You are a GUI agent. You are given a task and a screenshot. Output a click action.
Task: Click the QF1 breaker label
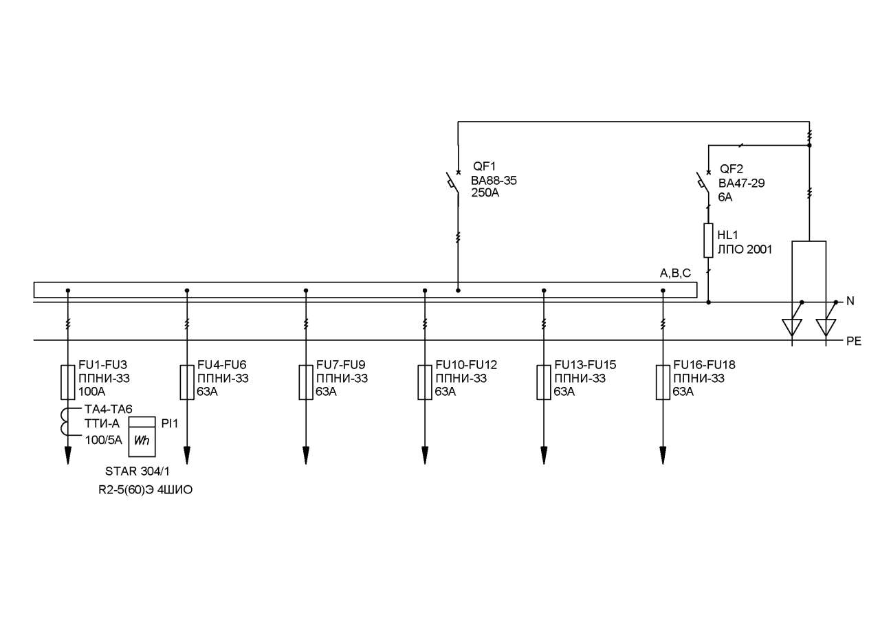click(485, 166)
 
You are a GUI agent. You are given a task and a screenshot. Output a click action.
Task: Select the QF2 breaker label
click(731, 169)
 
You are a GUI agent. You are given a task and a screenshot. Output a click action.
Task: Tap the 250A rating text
click(485, 193)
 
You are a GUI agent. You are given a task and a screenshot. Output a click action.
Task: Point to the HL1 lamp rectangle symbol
click(708, 241)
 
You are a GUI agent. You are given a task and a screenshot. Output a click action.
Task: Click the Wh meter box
click(142, 436)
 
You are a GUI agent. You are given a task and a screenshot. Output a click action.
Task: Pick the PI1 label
click(170, 423)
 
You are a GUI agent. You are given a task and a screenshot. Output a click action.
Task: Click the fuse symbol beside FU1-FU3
click(68, 382)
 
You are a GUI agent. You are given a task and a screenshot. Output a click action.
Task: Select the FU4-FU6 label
click(221, 365)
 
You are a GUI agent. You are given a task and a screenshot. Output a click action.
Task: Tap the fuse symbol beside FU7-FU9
click(306, 382)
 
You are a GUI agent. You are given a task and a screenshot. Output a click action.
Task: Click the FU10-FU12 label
click(466, 365)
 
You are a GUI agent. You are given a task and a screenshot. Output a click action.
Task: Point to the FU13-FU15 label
click(585, 365)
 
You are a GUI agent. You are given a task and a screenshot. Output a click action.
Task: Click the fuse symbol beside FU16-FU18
click(663, 382)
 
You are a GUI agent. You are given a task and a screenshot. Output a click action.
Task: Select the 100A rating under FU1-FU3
click(92, 392)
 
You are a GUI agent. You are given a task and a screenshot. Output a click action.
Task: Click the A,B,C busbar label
click(675, 274)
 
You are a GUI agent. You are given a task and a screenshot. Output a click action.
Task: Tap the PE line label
click(854, 341)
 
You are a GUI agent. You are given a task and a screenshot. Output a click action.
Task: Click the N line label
click(850, 301)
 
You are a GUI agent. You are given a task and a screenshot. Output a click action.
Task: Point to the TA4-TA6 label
click(109, 409)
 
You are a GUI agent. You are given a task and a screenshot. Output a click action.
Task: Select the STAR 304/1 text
click(137, 471)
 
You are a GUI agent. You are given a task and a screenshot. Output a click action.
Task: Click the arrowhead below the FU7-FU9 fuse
click(306, 456)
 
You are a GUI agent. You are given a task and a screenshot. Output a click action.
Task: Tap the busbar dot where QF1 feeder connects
click(458, 291)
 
